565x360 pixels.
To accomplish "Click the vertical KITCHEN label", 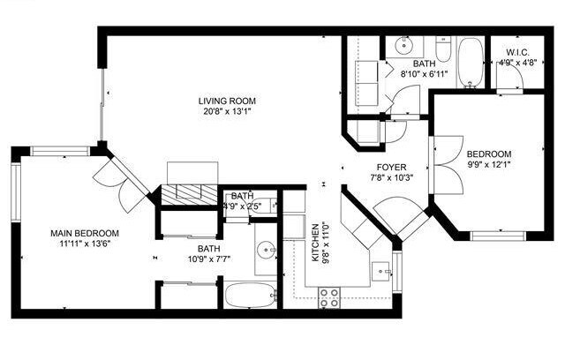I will coord(314,243).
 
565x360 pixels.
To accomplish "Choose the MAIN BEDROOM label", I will coord(84,233).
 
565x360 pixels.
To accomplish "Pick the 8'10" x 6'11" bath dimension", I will coord(424,75).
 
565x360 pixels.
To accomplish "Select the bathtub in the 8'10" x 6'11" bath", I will coord(470,61).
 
